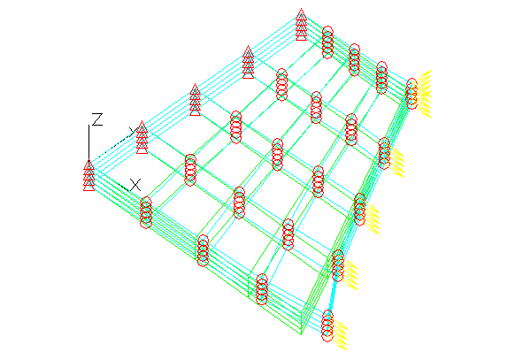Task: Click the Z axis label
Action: click(x=97, y=119)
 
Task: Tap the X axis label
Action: click(x=135, y=185)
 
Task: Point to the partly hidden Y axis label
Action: click(x=134, y=130)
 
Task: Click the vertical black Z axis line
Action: click(x=88, y=142)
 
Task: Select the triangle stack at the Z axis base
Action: click(x=88, y=176)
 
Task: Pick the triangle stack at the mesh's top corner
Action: click(x=301, y=25)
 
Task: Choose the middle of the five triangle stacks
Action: click(x=195, y=100)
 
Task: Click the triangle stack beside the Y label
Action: click(x=142, y=137)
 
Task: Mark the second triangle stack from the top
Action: click(x=248, y=62)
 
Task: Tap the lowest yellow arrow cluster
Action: click(x=339, y=335)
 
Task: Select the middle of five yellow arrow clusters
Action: click(x=373, y=219)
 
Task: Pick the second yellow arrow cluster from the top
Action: click(x=396, y=163)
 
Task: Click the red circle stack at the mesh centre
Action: click(x=278, y=155)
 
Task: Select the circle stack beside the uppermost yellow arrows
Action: click(x=411, y=94)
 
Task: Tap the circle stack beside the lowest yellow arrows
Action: click(x=327, y=326)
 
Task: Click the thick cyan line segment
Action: click(x=333, y=295)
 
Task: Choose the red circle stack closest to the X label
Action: click(x=146, y=212)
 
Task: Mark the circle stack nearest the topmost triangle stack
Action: click(x=327, y=42)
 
